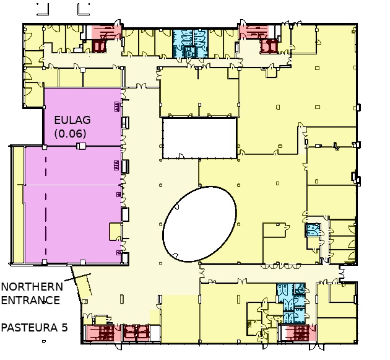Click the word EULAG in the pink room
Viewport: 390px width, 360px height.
coord(72,120)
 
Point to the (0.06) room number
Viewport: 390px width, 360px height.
coord(71,134)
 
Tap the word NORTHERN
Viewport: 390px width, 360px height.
coord(32,287)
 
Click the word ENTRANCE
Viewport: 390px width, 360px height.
coord(30,301)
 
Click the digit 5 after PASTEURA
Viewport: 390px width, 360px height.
coord(64,327)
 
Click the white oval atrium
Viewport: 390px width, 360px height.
coord(199,224)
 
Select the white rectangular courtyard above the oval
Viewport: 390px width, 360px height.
coord(199,138)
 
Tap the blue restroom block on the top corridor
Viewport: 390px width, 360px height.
coord(190,43)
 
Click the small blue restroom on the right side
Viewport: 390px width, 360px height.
coord(313,229)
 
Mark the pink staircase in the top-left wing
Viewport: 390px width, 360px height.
coord(106,32)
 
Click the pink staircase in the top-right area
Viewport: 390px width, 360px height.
coord(254,32)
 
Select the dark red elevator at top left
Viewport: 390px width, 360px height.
coord(99,46)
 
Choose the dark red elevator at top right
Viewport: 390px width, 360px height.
coord(269,46)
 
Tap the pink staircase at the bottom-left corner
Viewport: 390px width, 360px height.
coord(103,333)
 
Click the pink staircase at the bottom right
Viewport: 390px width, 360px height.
coord(300,333)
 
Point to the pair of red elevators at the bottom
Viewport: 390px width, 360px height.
coord(136,333)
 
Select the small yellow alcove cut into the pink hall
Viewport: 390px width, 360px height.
coord(115,232)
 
